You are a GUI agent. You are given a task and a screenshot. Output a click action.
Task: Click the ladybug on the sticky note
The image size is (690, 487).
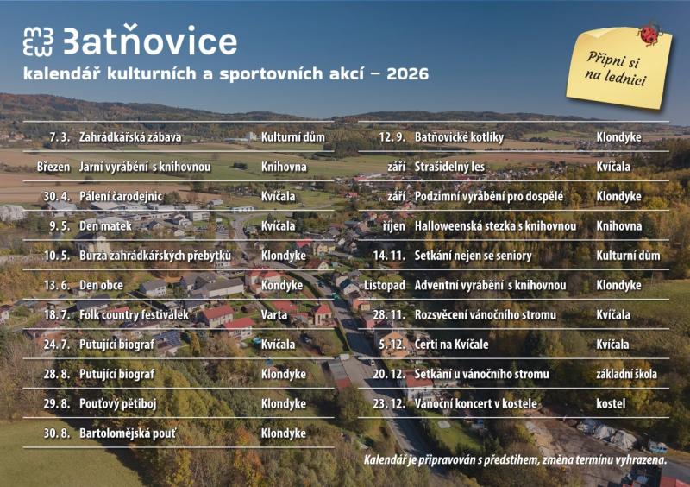coord(648,35)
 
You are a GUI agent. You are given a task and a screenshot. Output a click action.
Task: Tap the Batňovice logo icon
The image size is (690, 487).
coord(39,41)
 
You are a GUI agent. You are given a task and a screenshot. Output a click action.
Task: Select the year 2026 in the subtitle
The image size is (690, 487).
coord(407,74)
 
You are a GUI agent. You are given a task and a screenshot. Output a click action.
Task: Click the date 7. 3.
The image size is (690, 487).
coord(59,136)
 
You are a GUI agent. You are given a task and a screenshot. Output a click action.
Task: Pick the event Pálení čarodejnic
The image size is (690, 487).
coord(121,196)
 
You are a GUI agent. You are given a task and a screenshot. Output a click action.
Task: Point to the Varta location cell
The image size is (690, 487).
coord(274,315)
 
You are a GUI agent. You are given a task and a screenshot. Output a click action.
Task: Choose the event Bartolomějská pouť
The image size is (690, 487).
coord(127,433)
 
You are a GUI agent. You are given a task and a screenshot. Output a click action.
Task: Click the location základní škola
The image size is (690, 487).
coord(626,374)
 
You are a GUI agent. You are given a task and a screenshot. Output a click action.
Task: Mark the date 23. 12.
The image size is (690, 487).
coord(390,403)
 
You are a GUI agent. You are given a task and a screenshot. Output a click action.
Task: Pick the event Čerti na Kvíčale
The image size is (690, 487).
coord(453,345)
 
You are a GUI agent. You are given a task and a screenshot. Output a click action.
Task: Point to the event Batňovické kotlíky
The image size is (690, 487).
coord(459,136)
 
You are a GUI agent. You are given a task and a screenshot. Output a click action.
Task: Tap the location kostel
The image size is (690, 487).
coord(611,403)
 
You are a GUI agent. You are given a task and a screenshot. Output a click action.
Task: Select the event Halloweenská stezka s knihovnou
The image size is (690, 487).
coord(495,225)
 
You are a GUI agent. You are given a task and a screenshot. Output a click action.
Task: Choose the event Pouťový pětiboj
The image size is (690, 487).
coord(120,403)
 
